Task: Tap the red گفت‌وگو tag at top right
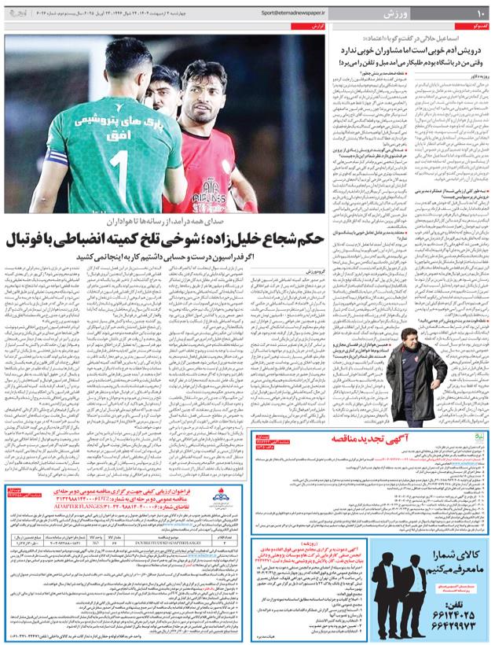475,27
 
